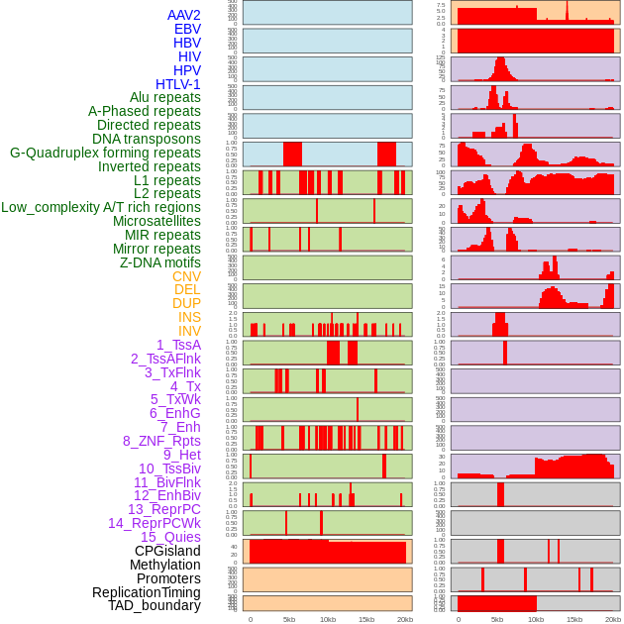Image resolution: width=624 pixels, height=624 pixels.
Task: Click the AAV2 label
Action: click(x=183, y=15)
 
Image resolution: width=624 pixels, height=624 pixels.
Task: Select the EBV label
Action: click(x=186, y=29)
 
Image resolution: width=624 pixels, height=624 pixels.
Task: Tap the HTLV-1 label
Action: click(x=177, y=84)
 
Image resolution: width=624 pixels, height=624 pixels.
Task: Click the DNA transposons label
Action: click(x=146, y=139)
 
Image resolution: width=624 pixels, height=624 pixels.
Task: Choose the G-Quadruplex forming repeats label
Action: click(x=105, y=153)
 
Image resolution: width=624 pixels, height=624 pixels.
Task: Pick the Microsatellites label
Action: click(x=156, y=221)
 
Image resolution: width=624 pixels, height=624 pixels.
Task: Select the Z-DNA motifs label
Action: click(x=159, y=262)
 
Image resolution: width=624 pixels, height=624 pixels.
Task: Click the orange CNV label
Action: click(x=186, y=276)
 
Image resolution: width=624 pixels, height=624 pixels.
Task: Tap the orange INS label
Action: click(x=189, y=317)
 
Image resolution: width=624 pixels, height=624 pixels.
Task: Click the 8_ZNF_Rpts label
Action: click(x=161, y=441)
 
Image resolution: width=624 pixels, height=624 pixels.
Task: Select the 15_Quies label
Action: click(x=169, y=537)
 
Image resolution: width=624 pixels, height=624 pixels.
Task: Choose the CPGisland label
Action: click(x=167, y=551)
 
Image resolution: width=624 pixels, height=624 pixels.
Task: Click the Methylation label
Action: click(x=164, y=565)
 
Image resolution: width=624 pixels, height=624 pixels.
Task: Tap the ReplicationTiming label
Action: click(x=147, y=592)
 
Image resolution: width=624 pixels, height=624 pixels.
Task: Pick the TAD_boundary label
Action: click(x=154, y=605)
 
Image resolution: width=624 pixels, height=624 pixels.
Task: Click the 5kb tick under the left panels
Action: click(x=289, y=619)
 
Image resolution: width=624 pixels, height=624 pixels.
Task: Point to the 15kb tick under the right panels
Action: click(x=573, y=619)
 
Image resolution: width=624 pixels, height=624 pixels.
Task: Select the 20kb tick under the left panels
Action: click(x=405, y=619)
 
